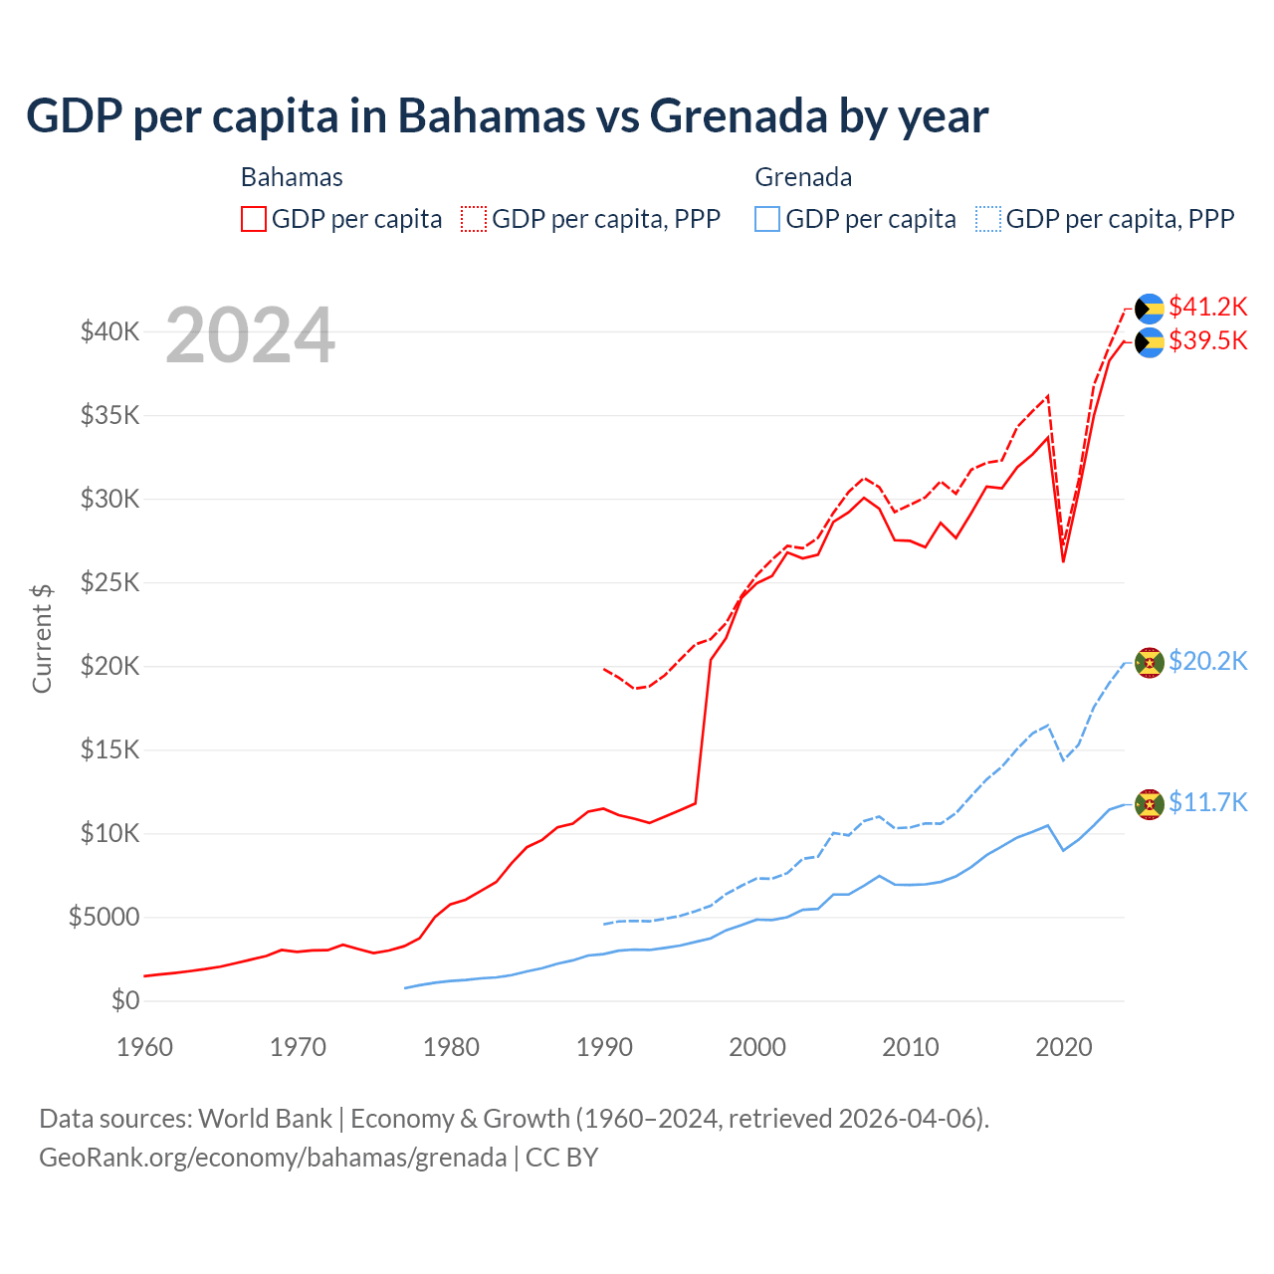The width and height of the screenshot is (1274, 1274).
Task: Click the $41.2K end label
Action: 1207,307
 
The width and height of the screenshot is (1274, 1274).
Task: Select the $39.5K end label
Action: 1207,341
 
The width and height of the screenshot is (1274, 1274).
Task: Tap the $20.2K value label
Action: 1207,662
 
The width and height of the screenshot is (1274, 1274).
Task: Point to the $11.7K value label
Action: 1207,803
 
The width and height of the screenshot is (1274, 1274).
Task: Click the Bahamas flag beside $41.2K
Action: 1150,308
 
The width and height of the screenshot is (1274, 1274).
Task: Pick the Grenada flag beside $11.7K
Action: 1150,803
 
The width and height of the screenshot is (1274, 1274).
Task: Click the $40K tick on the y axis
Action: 109,332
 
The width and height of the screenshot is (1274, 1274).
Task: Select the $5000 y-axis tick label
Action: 104,918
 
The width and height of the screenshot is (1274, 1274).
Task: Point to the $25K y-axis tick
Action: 109,583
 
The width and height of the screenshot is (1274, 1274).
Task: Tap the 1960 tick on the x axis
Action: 144,1047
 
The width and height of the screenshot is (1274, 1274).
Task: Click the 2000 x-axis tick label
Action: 757,1047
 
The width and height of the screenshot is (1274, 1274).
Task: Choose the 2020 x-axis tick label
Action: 1064,1047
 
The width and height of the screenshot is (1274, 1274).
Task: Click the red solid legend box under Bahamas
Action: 254,219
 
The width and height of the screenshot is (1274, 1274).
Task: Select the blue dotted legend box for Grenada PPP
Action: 987,219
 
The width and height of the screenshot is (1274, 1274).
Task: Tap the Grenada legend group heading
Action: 803,177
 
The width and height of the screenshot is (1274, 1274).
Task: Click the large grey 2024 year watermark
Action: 250,336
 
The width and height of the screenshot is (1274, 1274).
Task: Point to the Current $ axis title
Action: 42,639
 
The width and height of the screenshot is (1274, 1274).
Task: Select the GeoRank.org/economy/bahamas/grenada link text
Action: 273,1158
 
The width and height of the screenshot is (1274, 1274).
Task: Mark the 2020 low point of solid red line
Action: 1063,561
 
